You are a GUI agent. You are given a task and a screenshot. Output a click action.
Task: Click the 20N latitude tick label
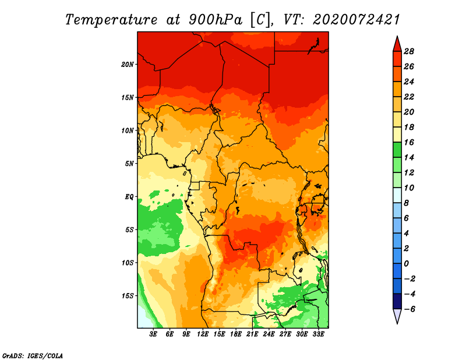[128, 64]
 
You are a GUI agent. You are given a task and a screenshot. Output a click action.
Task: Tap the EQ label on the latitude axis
[129, 196]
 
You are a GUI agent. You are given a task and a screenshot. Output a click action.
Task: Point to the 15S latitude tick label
[128, 295]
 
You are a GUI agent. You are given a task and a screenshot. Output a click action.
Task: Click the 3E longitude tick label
[154, 334]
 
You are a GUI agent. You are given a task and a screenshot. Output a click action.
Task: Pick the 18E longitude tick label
[236, 334]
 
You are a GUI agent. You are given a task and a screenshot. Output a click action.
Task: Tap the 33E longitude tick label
[319, 334]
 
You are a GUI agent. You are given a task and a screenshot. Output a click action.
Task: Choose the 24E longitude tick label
[269, 334]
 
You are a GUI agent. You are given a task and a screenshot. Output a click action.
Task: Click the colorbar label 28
[408, 51]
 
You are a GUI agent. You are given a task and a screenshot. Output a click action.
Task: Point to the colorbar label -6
[408, 309]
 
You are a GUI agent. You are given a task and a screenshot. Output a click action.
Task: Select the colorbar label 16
[408, 142]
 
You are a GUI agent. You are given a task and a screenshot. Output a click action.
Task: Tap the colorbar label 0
[408, 264]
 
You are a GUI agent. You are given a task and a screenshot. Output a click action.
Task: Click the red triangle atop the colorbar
[397, 44]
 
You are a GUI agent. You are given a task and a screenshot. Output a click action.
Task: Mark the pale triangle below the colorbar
[397, 316]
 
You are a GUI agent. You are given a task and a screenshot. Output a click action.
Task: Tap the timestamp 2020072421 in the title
[356, 19]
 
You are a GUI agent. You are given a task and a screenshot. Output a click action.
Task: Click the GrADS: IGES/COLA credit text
[32, 355]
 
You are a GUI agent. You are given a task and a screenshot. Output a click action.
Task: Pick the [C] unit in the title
[260, 19]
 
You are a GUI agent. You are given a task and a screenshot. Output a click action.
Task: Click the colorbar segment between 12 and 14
[397, 165]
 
